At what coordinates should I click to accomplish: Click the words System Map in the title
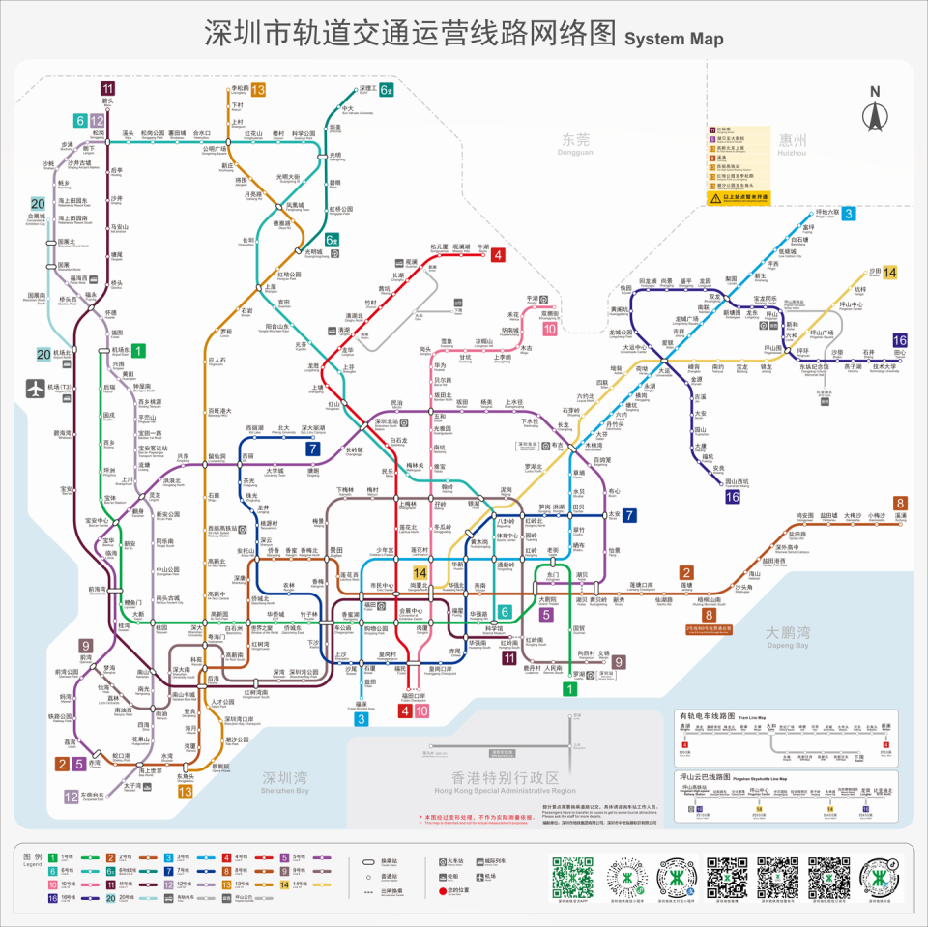(674, 38)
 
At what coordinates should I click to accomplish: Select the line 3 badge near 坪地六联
(848, 214)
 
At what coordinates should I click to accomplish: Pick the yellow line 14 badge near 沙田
(889, 273)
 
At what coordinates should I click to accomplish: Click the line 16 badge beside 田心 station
(900, 340)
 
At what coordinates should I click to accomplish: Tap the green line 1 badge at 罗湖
(570, 689)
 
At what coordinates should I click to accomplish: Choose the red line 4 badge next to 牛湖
(498, 255)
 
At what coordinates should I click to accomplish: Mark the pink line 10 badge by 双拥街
(549, 329)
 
